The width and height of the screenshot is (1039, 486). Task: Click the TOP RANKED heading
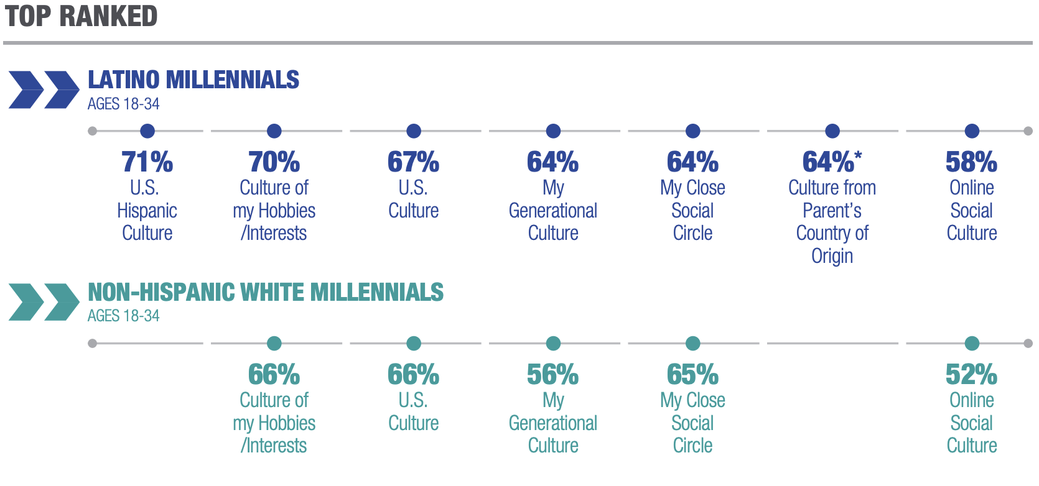tap(82, 16)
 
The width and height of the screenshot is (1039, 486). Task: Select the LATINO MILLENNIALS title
tap(193, 80)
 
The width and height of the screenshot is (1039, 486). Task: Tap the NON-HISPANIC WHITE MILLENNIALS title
tap(266, 292)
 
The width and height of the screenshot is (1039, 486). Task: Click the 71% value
tap(147, 162)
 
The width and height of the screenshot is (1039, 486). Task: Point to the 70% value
tap(274, 162)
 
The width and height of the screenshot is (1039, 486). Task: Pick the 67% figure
tap(413, 162)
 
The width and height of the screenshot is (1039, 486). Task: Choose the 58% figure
tap(971, 162)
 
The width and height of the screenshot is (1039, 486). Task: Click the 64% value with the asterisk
tap(832, 162)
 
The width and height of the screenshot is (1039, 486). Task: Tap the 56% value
tap(552, 375)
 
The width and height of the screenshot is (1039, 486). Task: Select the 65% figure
tap(692, 375)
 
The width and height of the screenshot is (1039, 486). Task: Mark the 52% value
tap(971, 375)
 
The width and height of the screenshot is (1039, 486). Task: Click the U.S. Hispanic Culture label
tap(147, 211)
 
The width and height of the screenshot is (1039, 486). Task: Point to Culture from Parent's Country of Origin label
tap(832, 222)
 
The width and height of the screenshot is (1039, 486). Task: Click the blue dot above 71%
tap(147, 131)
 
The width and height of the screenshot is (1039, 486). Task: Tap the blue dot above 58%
tap(972, 131)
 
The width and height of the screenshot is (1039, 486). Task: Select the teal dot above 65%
tap(692, 343)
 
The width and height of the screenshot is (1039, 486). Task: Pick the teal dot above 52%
tap(972, 343)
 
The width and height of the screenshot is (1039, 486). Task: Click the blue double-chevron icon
tap(44, 90)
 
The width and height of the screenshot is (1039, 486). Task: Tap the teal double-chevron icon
tap(44, 302)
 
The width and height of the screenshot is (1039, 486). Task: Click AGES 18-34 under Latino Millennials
tap(123, 104)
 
